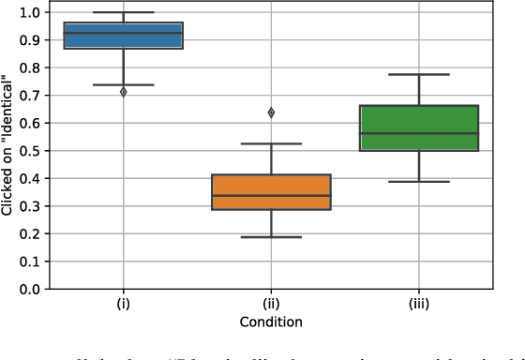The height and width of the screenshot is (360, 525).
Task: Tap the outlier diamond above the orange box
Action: pyautogui.click(x=271, y=112)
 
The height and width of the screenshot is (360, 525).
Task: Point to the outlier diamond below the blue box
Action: pyautogui.click(x=123, y=92)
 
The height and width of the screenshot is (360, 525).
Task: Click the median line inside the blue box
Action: pyautogui.click(x=123, y=33)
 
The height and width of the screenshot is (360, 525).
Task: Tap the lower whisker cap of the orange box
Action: pyautogui.click(x=271, y=237)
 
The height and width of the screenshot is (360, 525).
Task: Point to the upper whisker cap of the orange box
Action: pyautogui.click(x=271, y=143)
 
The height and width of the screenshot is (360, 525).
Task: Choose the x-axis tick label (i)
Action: pyautogui.click(x=123, y=304)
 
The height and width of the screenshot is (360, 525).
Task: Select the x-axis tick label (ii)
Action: pyautogui.click(x=271, y=304)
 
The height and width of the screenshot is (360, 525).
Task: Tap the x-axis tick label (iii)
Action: pyautogui.click(x=419, y=304)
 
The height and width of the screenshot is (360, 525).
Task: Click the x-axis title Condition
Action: pyautogui.click(x=270, y=322)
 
